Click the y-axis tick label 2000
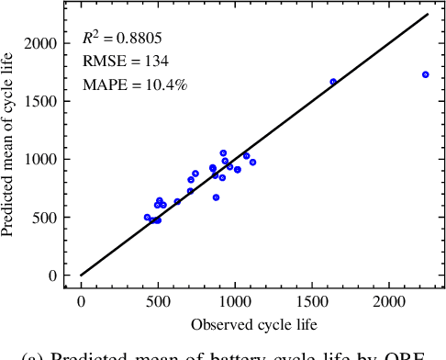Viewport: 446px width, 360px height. tap(42, 43)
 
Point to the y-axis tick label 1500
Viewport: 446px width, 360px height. tap(42, 101)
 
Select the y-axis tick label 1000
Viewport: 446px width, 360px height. tap(42, 159)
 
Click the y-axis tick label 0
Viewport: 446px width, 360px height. tap(53, 276)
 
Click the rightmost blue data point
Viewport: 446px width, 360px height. tap(425, 74)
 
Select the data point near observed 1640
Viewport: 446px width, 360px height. tap(333, 82)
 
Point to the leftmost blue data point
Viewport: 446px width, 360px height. tap(147, 218)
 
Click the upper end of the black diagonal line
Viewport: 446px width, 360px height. tap(428, 15)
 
